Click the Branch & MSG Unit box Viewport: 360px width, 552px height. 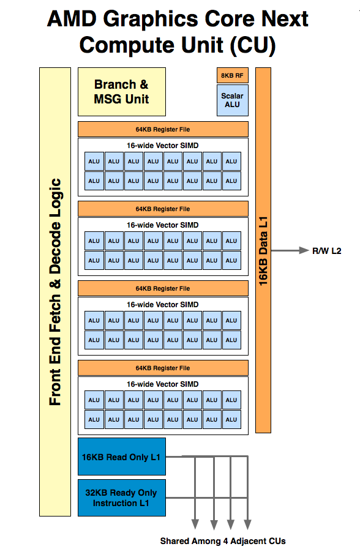121,92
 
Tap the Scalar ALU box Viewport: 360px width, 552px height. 233,100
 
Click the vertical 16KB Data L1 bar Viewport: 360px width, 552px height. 263,250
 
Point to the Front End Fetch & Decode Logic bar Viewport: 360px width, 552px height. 55,291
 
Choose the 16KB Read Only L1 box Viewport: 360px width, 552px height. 121,457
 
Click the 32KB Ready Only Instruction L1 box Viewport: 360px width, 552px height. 121,498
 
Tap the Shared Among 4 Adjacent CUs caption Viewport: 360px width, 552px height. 223,541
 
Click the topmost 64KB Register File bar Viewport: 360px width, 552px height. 163,129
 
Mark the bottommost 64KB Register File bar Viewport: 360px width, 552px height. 163,368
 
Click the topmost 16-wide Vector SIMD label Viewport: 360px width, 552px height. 163,146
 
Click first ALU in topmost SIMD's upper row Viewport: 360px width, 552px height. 94,162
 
